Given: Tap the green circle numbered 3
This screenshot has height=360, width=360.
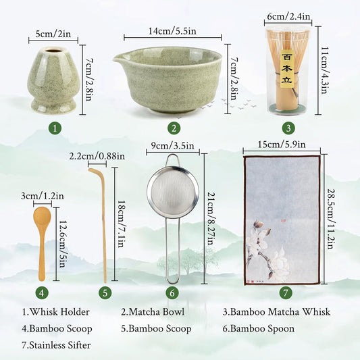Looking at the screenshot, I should [288, 128].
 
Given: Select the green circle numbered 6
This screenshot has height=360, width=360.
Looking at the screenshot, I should [173, 292].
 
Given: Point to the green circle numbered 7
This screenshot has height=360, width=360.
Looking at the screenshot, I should [286, 292].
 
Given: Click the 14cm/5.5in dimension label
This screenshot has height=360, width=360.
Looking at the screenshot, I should [172, 31].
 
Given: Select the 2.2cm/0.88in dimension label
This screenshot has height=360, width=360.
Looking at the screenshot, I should [97, 156].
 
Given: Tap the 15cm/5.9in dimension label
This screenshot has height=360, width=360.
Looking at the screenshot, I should [281, 144].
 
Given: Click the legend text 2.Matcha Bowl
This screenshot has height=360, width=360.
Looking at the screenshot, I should [152, 311].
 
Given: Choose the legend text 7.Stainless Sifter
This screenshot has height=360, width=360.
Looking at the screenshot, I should [57, 345].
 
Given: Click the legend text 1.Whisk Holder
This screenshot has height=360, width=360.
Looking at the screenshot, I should [51, 311].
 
